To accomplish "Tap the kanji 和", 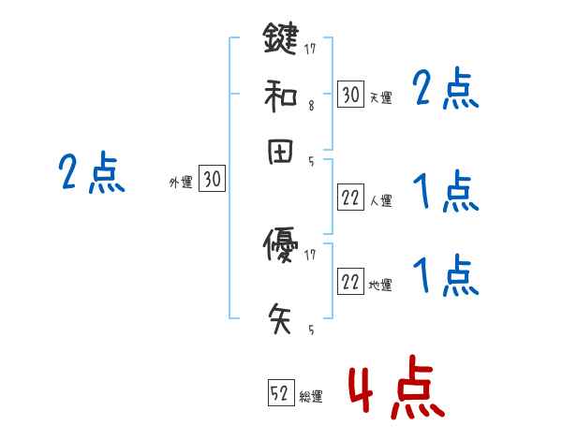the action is [280, 96].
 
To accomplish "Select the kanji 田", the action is [280, 154].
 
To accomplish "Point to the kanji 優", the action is [280, 245].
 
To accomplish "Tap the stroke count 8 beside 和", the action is [311, 106].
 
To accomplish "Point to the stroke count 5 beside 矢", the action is [311, 330].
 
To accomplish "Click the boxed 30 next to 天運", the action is [350, 95].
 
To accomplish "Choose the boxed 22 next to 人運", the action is [350, 198].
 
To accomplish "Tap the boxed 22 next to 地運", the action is [350, 284].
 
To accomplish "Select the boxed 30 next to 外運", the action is [213, 180].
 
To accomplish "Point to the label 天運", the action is [380, 97].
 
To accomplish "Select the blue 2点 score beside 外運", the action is [91, 174].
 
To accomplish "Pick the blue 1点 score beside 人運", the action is [445, 193].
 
